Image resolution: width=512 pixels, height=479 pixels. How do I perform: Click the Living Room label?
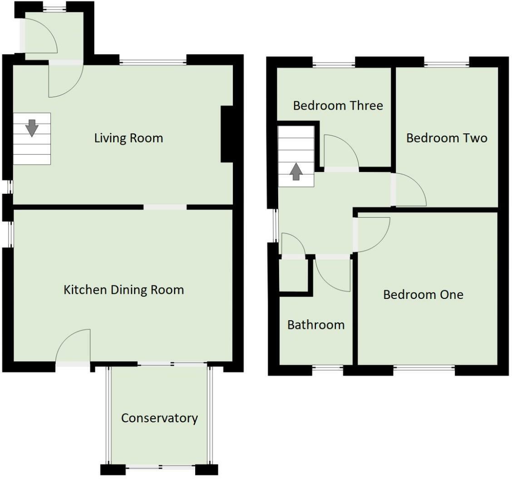128,138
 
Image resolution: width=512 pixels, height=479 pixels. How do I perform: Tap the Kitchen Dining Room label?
124,290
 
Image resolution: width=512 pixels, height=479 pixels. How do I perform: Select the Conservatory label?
159,418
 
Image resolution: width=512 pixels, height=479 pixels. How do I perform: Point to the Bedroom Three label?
338,105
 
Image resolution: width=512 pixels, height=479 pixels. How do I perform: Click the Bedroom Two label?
447,138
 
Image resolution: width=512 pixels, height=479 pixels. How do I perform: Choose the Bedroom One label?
423,295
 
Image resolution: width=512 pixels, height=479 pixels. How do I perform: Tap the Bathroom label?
316,325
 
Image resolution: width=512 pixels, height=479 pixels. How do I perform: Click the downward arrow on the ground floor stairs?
32,128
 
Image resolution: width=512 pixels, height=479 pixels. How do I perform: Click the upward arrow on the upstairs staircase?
296,171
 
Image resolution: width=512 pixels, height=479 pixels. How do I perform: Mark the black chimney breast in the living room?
226,134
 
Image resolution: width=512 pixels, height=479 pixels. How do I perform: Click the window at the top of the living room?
153,62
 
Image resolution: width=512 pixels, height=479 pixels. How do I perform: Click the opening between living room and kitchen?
165,207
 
